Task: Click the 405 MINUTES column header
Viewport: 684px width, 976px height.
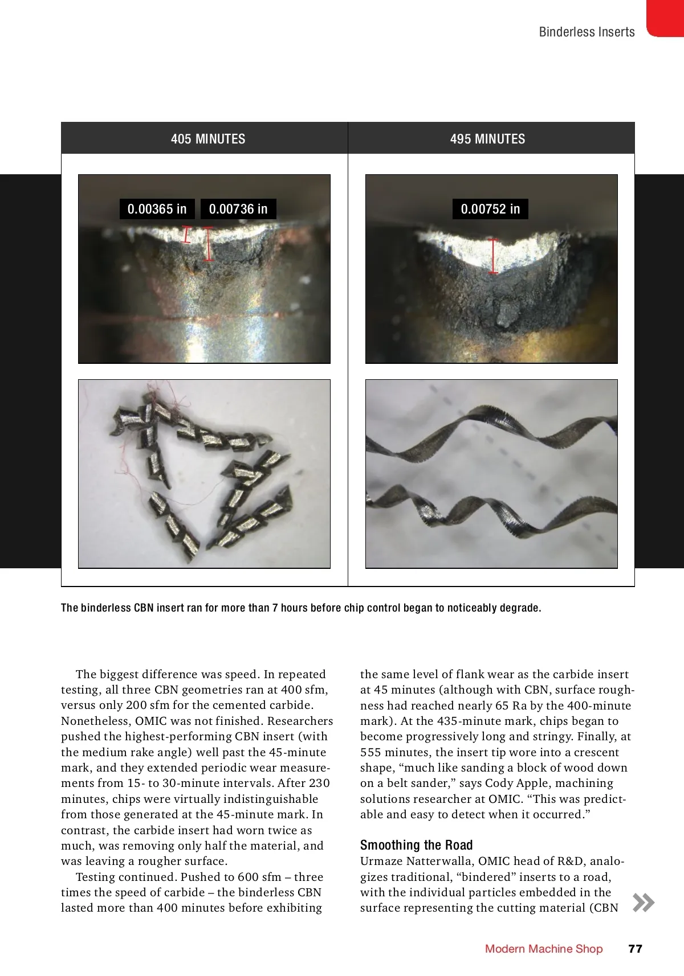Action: coord(207,139)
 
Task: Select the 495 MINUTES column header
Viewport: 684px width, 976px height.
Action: coord(487,139)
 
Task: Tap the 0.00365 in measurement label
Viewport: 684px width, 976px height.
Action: coord(157,209)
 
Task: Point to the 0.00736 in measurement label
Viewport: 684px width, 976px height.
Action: coord(238,209)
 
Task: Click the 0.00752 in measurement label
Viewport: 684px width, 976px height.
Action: coord(490,209)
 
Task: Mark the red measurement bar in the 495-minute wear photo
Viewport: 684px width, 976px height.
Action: coord(494,256)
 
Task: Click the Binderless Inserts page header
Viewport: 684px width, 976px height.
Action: coord(587,32)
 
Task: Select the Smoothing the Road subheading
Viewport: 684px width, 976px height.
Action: coord(416,845)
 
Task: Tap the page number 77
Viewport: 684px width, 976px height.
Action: coord(635,949)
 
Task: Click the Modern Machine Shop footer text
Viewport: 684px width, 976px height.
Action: coord(543,949)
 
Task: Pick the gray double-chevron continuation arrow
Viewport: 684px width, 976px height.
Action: coord(644,903)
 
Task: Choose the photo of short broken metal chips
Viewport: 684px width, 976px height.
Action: coord(204,474)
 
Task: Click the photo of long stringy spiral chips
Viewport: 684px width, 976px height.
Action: coord(491,474)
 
